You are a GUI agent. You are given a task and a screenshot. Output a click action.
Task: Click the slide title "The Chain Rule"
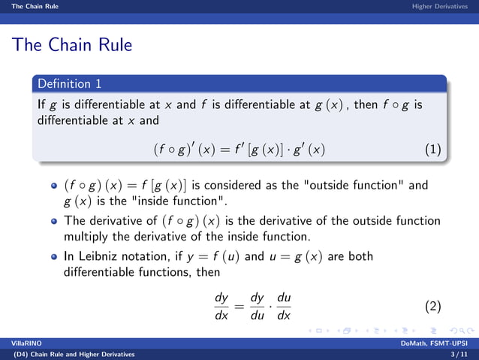(x=72, y=45)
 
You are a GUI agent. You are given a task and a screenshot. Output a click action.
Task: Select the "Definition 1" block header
(x=69, y=83)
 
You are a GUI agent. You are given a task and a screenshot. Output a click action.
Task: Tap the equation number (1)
(x=432, y=150)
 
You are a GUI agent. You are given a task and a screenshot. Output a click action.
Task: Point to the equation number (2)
(x=432, y=306)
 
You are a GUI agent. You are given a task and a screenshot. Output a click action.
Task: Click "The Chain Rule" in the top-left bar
(x=30, y=6)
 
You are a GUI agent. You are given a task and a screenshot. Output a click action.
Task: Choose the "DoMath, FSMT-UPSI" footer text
(x=438, y=343)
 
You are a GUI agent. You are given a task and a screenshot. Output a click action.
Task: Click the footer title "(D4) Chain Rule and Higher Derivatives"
(x=70, y=354)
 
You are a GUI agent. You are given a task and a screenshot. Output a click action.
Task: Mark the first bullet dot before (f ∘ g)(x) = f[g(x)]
(x=53, y=186)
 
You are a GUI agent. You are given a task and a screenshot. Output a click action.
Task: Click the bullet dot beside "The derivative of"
(x=53, y=222)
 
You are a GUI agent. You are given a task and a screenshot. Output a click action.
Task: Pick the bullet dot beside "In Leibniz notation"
(x=53, y=257)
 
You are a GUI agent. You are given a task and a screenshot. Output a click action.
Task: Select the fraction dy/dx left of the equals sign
(x=221, y=306)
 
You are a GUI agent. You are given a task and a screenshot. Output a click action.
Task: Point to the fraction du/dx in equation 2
(x=283, y=306)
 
